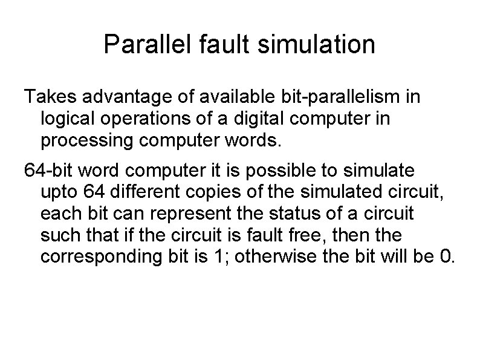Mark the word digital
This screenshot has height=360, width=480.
point(243,119)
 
